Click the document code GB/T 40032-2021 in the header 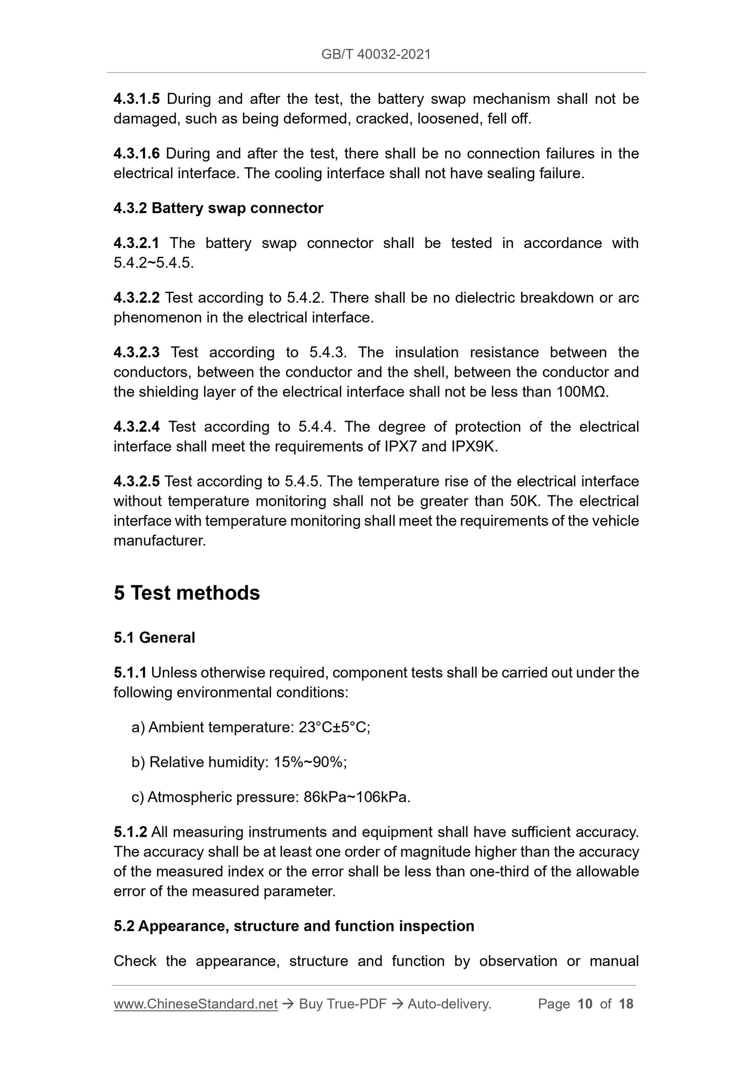(x=376, y=54)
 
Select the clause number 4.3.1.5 (x=137, y=99)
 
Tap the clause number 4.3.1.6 (x=137, y=154)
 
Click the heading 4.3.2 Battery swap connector (x=218, y=208)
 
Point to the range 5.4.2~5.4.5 (x=153, y=263)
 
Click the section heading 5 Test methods (x=187, y=593)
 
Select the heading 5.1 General (x=154, y=638)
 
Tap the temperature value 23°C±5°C (x=334, y=727)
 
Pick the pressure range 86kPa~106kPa (x=356, y=797)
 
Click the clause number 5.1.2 (x=130, y=832)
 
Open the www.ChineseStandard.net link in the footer (x=195, y=1004)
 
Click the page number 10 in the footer (x=585, y=1004)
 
